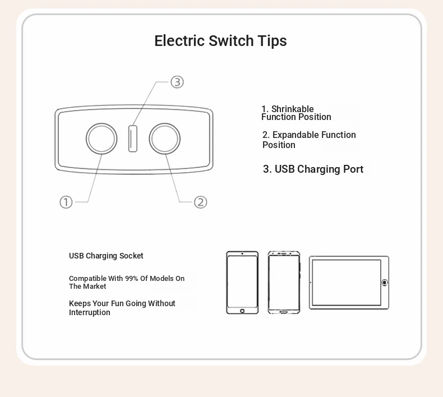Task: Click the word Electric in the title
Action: pyautogui.click(x=179, y=41)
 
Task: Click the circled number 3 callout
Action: pyautogui.click(x=177, y=82)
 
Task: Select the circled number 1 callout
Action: pyautogui.click(x=66, y=202)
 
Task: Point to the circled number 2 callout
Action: pyautogui.click(x=201, y=202)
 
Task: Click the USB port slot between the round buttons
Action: pyautogui.click(x=133, y=139)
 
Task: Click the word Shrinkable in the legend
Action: pyautogui.click(x=292, y=109)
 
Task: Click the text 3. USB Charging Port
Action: pyautogui.click(x=313, y=169)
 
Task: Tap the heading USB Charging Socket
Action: pyautogui.click(x=106, y=256)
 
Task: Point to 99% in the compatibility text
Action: pyautogui.click(x=132, y=278)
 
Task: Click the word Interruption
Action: pyautogui.click(x=90, y=312)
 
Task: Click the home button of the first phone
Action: pyautogui.click(x=242, y=311)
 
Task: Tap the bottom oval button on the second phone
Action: pyautogui.click(x=284, y=312)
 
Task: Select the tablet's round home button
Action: pyautogui.click(x=385, y=283)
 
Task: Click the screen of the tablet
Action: pyautogui.click(x=347, y=283)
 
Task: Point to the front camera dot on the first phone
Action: pyautogui.click(x=242, y=254)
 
